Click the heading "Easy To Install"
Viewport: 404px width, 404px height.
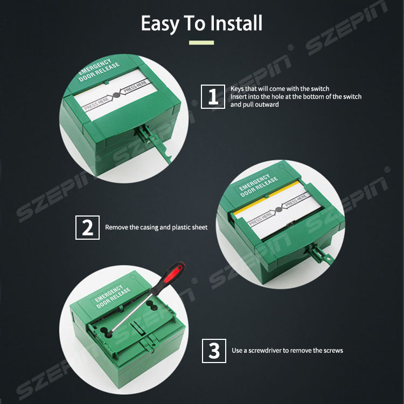[201, 24]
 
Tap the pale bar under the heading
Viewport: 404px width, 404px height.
[201, 43]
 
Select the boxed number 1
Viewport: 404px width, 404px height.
[213, 96]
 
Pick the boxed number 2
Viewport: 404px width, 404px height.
[87, 227]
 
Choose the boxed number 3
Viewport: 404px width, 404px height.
[214, 351]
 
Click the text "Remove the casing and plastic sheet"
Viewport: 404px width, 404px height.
[156, 227]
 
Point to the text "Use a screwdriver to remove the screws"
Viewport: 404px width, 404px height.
[287, 351]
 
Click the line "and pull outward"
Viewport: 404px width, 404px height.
[255, 105]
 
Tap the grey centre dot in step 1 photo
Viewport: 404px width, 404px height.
[116, 95]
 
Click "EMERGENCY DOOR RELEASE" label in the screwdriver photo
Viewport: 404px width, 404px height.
[113, 296]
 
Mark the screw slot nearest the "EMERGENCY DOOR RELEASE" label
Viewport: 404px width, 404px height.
[152, 305]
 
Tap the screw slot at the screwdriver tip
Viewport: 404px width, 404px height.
[107, 332]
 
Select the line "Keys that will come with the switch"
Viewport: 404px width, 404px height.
[280, 89]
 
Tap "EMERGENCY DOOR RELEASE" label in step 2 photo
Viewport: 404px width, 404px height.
[259, 185]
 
